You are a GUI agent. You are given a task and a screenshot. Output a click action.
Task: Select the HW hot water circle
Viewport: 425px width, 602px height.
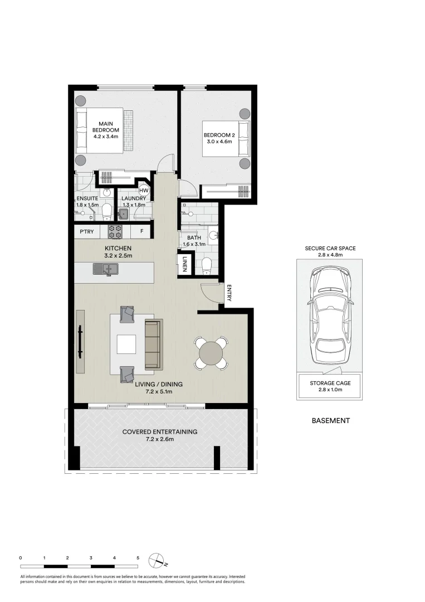click(x=144, y=190)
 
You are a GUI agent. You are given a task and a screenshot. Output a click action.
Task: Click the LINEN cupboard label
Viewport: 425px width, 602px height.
click(x=185, y=264)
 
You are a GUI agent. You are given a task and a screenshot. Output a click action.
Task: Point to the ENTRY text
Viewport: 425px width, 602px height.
click(x=228, y=293)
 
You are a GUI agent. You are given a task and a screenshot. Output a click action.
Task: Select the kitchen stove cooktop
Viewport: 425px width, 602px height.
click(x=115, y=231)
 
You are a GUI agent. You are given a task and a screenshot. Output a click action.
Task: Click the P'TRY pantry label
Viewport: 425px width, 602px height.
click(x=86, y=231)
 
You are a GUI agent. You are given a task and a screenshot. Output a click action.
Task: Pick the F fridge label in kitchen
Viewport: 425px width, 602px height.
click(x=141, y=231)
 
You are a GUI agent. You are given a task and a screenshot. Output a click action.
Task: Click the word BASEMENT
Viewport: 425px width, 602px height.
click(x=331, y=421)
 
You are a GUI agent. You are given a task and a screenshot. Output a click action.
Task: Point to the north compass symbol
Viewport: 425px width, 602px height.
click(x=157, y=560)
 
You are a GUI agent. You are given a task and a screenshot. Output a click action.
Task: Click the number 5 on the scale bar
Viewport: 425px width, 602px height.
click(x=138, y=557)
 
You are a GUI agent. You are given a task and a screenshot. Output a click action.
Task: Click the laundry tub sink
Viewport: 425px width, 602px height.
click(x=123, y=213)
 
